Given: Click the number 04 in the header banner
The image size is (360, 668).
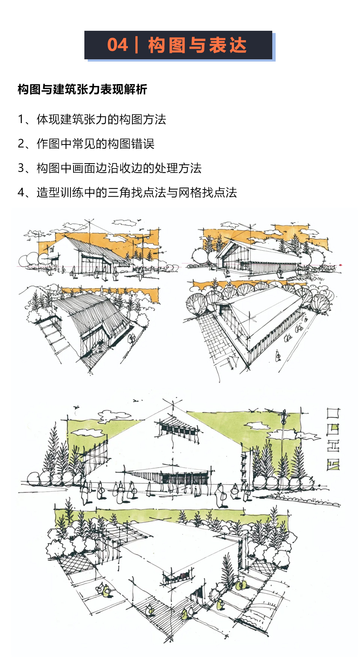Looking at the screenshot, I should click(117, 45).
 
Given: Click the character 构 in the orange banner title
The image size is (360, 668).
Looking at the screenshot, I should click(157, 45).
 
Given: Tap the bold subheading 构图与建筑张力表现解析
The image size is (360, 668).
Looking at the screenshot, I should click(82, 89).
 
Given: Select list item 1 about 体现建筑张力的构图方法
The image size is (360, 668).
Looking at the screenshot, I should click(92, 119).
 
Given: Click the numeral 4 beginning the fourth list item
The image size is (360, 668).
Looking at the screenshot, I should click(21, 193).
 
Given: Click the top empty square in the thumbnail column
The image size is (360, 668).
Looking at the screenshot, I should click(333, 414).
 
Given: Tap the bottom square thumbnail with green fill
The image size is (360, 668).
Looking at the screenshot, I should click(333, 465).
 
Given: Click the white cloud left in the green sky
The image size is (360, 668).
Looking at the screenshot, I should click(88, 432).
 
